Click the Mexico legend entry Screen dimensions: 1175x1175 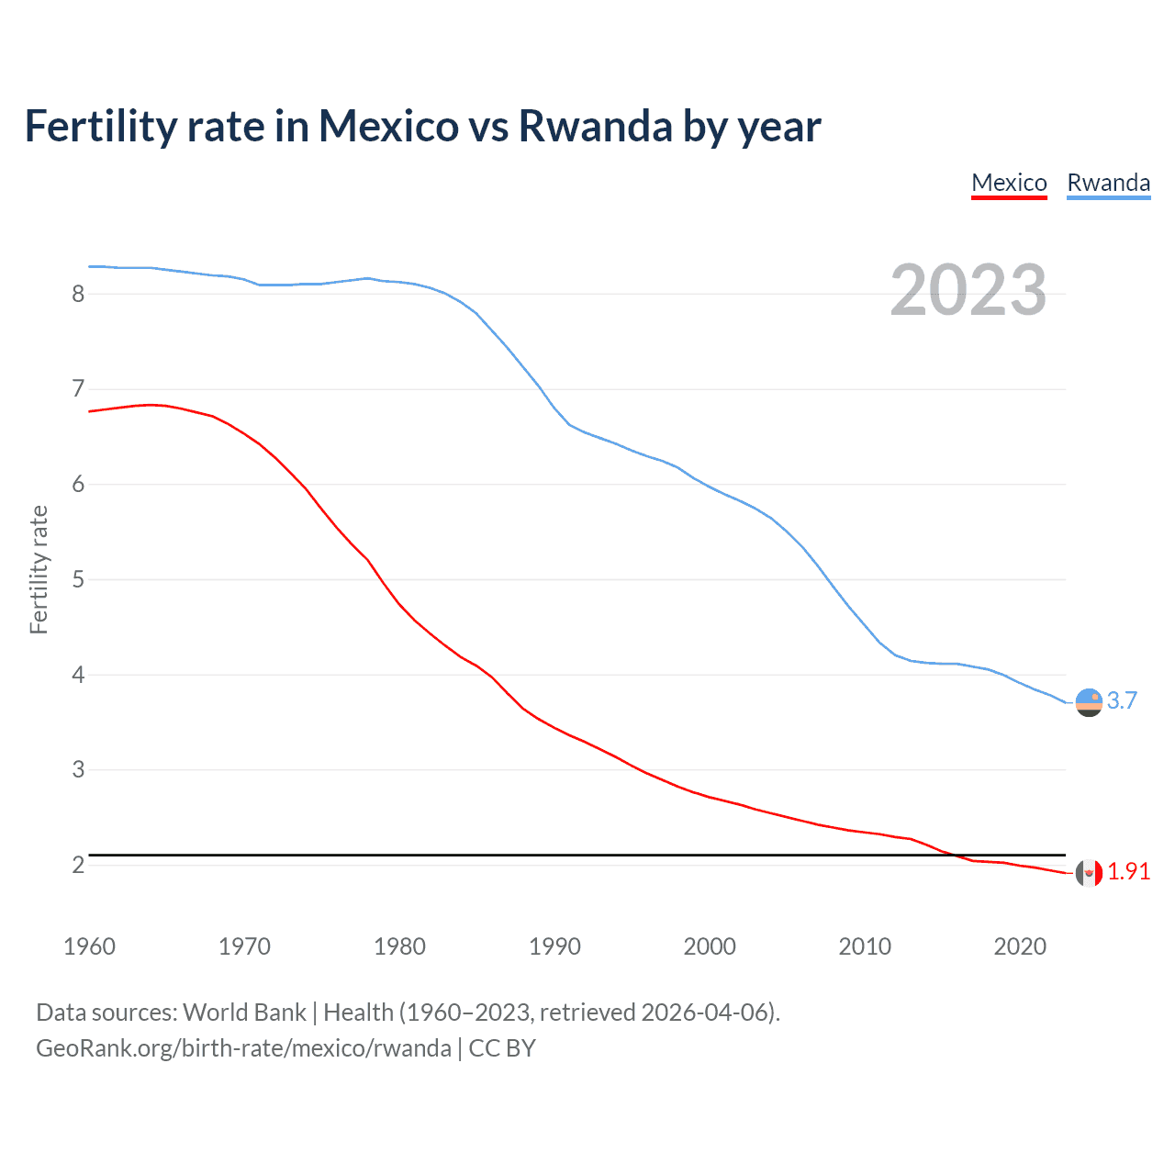[1009, 183]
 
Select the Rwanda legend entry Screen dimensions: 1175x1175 [1108, 183]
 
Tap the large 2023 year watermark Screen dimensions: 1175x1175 [968, 290]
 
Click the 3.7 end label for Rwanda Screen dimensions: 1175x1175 [1122, 700]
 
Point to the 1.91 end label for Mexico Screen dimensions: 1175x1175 [1128, 871]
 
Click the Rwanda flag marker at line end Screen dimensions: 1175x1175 [1089, 702]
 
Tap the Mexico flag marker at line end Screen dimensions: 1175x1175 [1089, 873]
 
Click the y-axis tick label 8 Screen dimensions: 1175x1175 [78, 294]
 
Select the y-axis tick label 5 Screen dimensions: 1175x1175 [78, 579]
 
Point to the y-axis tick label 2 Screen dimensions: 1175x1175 [78, 865]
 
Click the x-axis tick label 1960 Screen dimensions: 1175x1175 [89, 946]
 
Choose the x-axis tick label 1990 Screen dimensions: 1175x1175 [554, 946]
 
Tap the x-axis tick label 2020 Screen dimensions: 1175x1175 [1020, 946]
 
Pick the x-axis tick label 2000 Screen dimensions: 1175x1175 [710, 946]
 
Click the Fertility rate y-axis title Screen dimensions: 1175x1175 [39, 569]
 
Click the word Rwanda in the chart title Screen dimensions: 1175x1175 [596, 126]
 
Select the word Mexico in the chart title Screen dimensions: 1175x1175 [388, 126]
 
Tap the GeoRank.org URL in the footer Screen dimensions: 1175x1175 [243, 1048]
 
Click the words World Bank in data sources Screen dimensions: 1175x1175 [244, 1013]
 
